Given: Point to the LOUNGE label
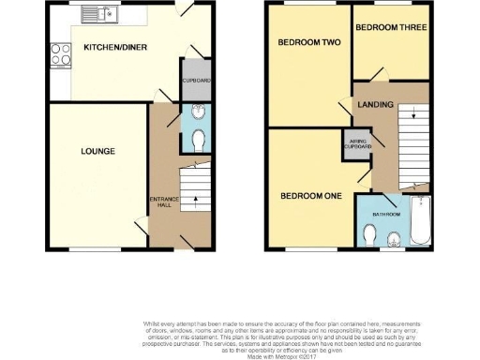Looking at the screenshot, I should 97,151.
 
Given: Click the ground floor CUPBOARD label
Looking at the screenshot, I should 196,81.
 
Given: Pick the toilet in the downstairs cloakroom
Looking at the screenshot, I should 197,141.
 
